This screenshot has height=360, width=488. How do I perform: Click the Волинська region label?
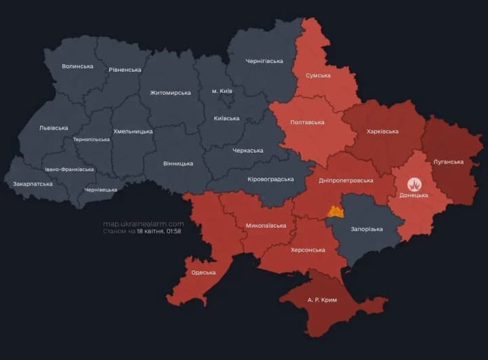(77, 66)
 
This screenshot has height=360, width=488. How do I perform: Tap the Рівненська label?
(125, 70)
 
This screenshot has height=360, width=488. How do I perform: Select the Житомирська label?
(170, 93)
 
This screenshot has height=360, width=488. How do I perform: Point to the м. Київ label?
(222, 91)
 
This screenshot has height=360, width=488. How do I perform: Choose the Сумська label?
(318, 76)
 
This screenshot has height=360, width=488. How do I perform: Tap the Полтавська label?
(306, 123)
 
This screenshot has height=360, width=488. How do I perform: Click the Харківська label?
(382, 132)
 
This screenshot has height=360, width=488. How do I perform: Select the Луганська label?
(448, 162)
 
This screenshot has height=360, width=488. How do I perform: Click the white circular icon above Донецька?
(413, 184)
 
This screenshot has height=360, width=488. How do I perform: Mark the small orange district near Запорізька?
(335, 212)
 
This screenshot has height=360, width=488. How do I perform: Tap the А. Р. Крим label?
(322, 300)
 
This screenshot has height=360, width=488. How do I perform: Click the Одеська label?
(203, 273)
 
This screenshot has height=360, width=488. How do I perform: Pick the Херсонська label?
(308, 250)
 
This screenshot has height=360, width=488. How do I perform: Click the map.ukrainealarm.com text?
(143, 224)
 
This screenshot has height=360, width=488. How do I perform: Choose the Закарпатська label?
(33, 184)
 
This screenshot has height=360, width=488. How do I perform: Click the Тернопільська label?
(91, 140)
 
